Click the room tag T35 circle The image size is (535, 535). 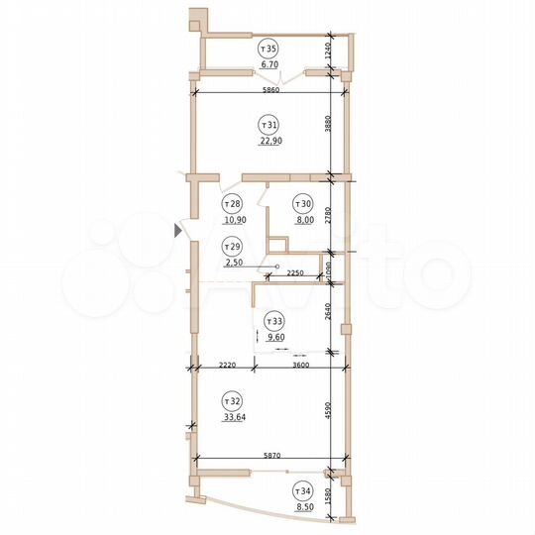[267, 48]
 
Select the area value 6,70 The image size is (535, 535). [267, 63]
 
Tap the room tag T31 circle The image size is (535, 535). [267, 125]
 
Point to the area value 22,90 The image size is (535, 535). [267, 141]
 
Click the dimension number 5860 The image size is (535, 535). [267, 90]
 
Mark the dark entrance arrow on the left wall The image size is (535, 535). [178, 231]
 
